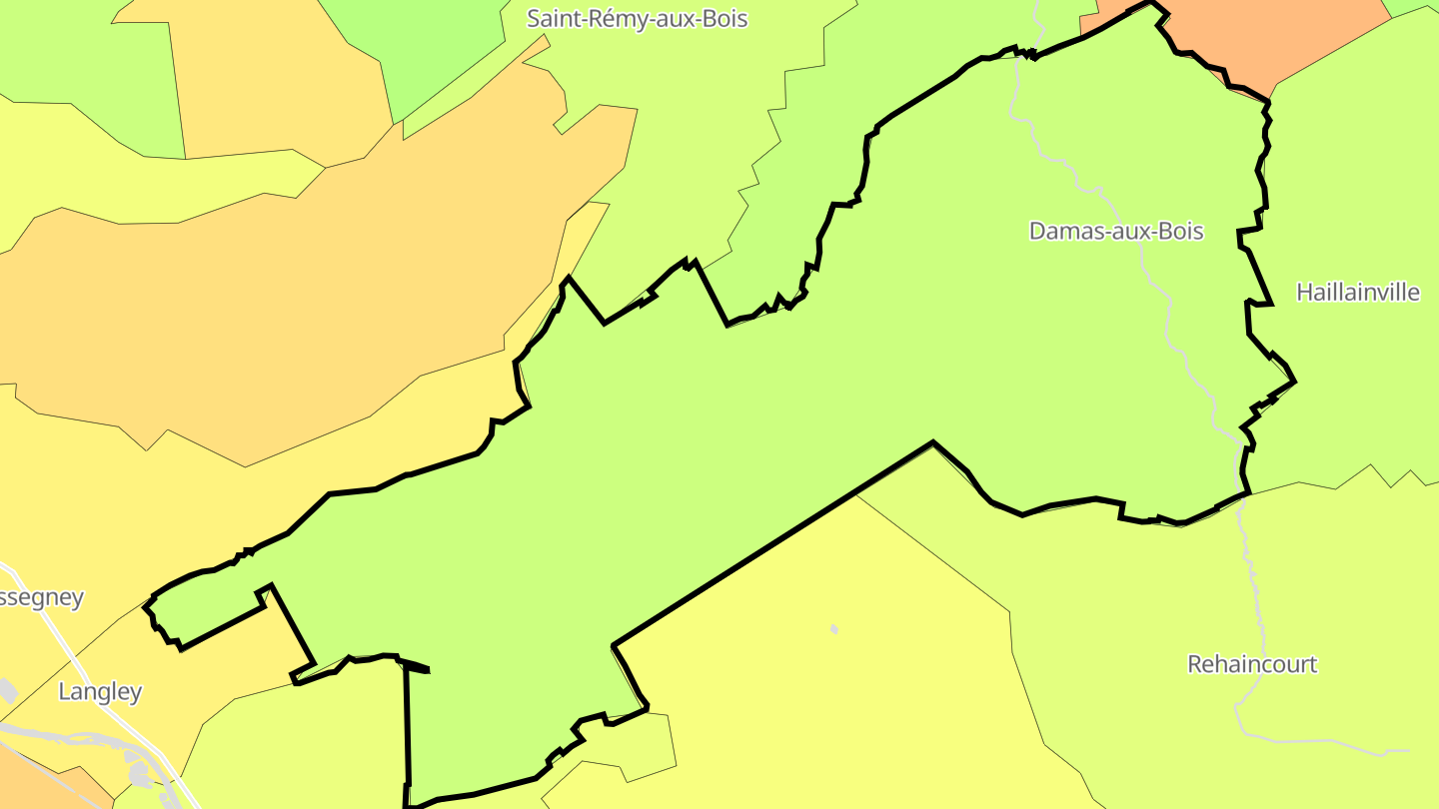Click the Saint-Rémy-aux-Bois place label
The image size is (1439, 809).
point(638,18)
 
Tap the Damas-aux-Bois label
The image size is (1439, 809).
point(1116,232)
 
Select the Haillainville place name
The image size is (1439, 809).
point(1357,292)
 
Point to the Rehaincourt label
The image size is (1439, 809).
point(1252,664)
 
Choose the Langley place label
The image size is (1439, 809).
point(100,691)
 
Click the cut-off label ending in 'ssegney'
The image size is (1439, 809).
point(42,597)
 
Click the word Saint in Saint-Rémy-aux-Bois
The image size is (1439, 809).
point(553,18)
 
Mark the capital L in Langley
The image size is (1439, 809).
point(65,691)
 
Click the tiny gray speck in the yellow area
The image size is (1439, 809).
point(834,629)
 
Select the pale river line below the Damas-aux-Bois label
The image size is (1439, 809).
point(1165,300)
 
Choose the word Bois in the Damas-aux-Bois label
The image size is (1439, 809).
point(1180,232)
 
